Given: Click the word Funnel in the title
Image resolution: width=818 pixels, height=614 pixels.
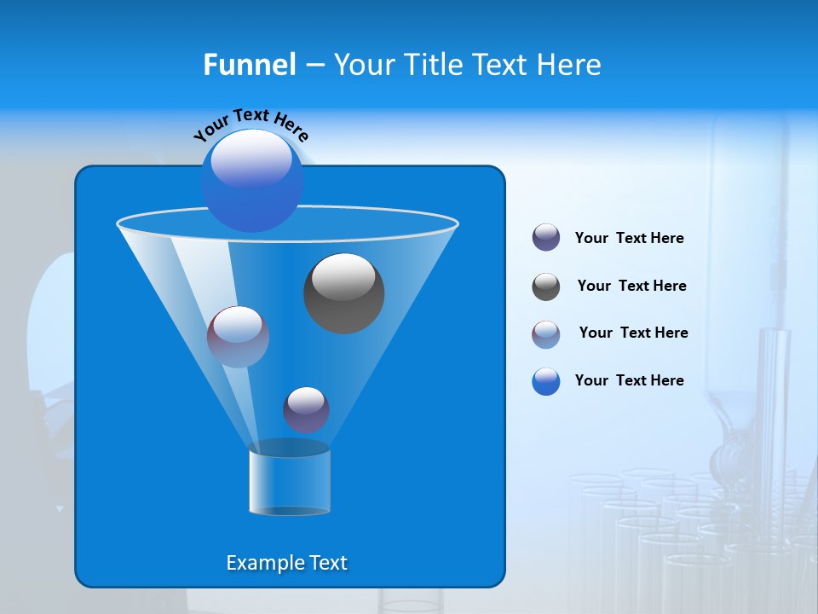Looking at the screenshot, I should (x=249, y=65).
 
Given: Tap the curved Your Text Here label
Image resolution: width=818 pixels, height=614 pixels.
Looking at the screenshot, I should (x=251, y=124).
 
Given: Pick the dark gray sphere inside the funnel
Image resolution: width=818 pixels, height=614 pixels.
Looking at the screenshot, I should (x=343, y=293).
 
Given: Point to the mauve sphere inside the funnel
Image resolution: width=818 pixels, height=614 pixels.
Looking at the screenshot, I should (x=238, y=337).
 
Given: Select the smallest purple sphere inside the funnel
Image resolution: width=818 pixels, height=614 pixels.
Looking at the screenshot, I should (x=306, y=409).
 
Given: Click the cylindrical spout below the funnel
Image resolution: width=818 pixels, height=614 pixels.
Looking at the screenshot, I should (x=289, y=482).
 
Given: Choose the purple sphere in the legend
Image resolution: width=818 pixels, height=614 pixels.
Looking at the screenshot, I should (x=546, y=238).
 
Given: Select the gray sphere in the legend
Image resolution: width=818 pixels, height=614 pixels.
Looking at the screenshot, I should (x=546, y=287).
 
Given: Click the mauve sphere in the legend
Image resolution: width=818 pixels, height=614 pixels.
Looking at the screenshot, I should (x=546, y=334).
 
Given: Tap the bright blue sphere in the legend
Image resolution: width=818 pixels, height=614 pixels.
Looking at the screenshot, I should (x=546, y=381).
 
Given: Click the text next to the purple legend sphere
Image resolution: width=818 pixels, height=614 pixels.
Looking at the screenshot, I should (x=629, y=239).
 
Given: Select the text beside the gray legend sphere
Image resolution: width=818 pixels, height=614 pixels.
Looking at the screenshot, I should (x=631, y=287).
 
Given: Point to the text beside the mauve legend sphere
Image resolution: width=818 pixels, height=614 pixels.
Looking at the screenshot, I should (x=633, y=333).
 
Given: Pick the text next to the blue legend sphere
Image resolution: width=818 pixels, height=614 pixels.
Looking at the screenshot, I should (x=629, y=381).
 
